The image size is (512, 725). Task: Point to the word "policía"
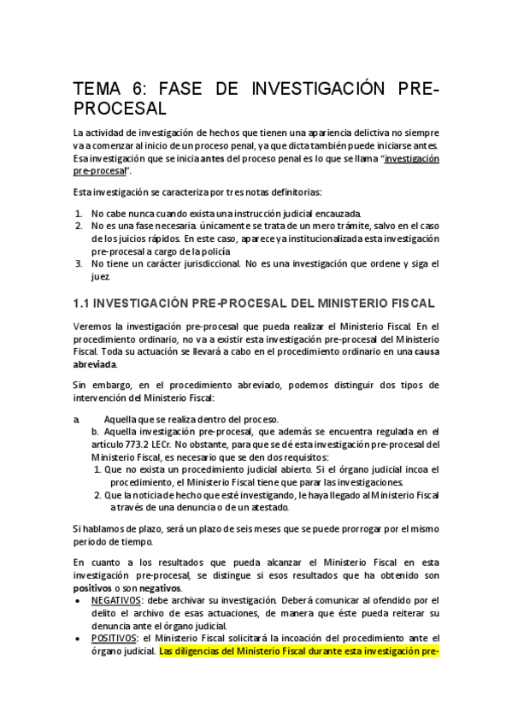239,251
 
